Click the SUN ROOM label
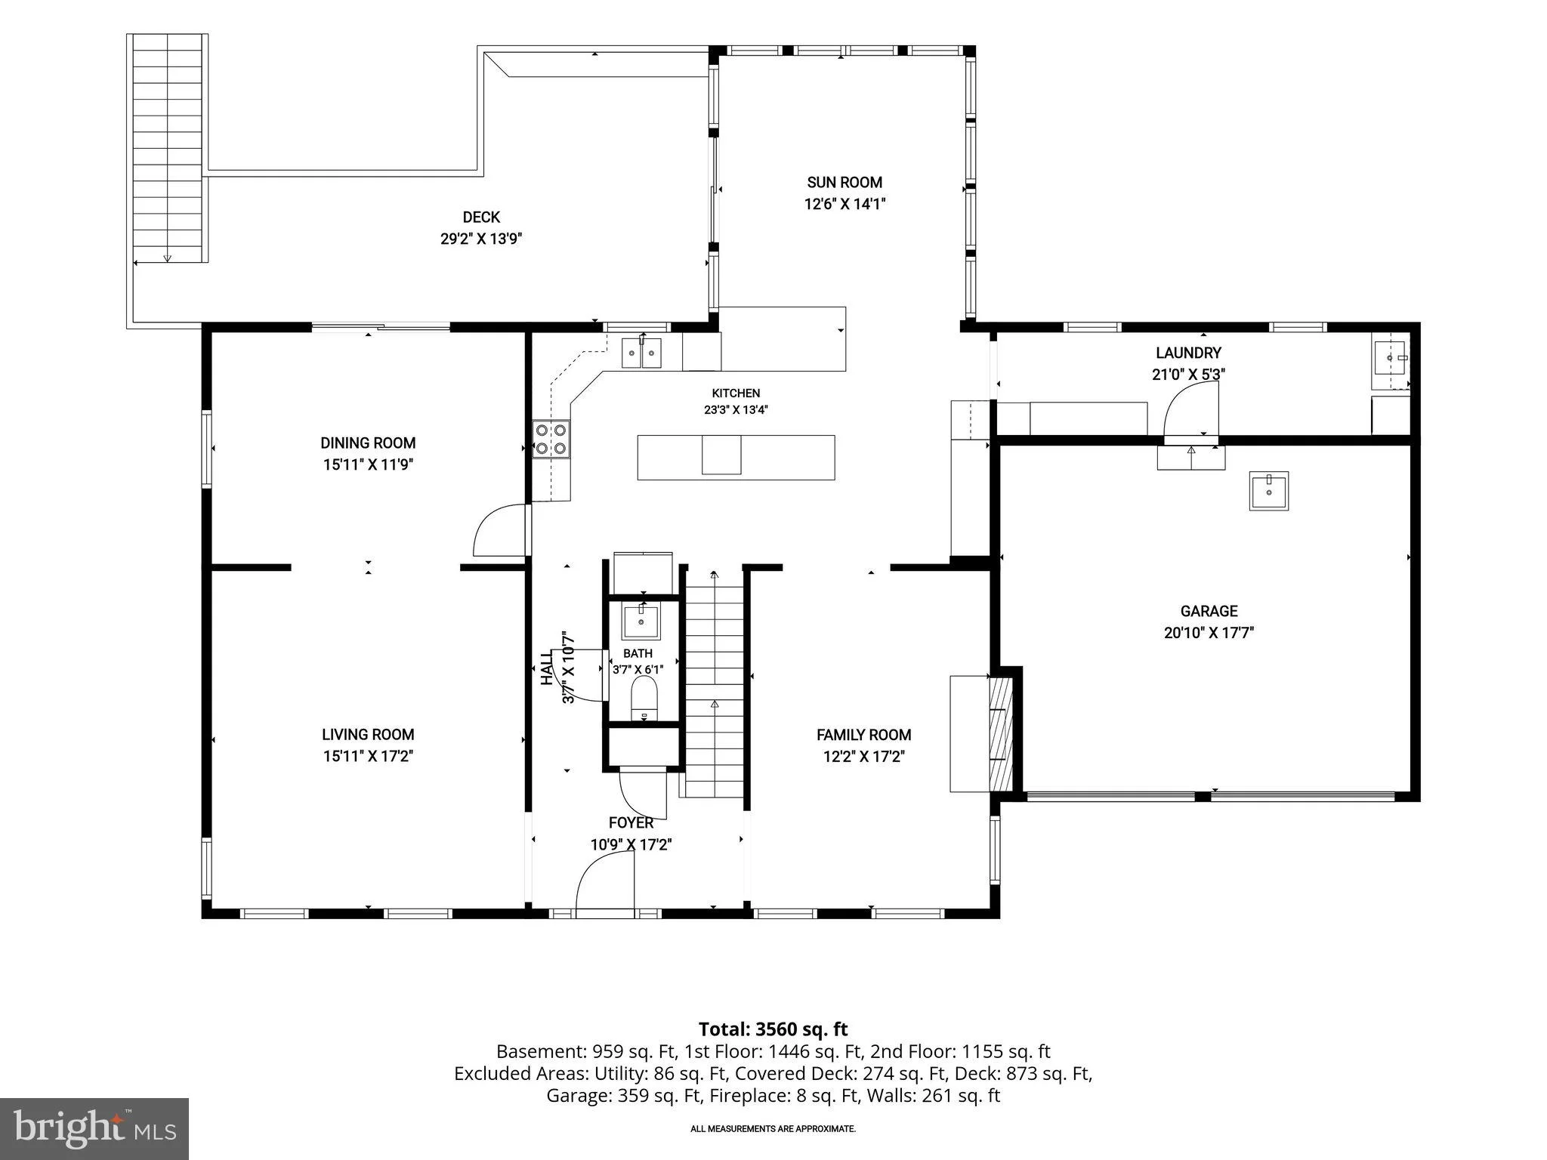click(x=845, y=182)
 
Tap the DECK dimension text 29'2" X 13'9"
click(x=481, y=239)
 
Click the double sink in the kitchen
click(x=642, y=353)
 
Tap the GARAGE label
click(x=1209, y=611)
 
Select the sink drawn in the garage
click(x=1268, y=491)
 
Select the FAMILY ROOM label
click(x=863, y=735)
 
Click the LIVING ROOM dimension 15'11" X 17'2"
click(x=368, y=756)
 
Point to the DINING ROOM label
click(x=368, y=443)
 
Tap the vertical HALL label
click(x=547, y=668)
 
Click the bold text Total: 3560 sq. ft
click(x=773, y=1029)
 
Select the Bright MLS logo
click(x=94, y=1128)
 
